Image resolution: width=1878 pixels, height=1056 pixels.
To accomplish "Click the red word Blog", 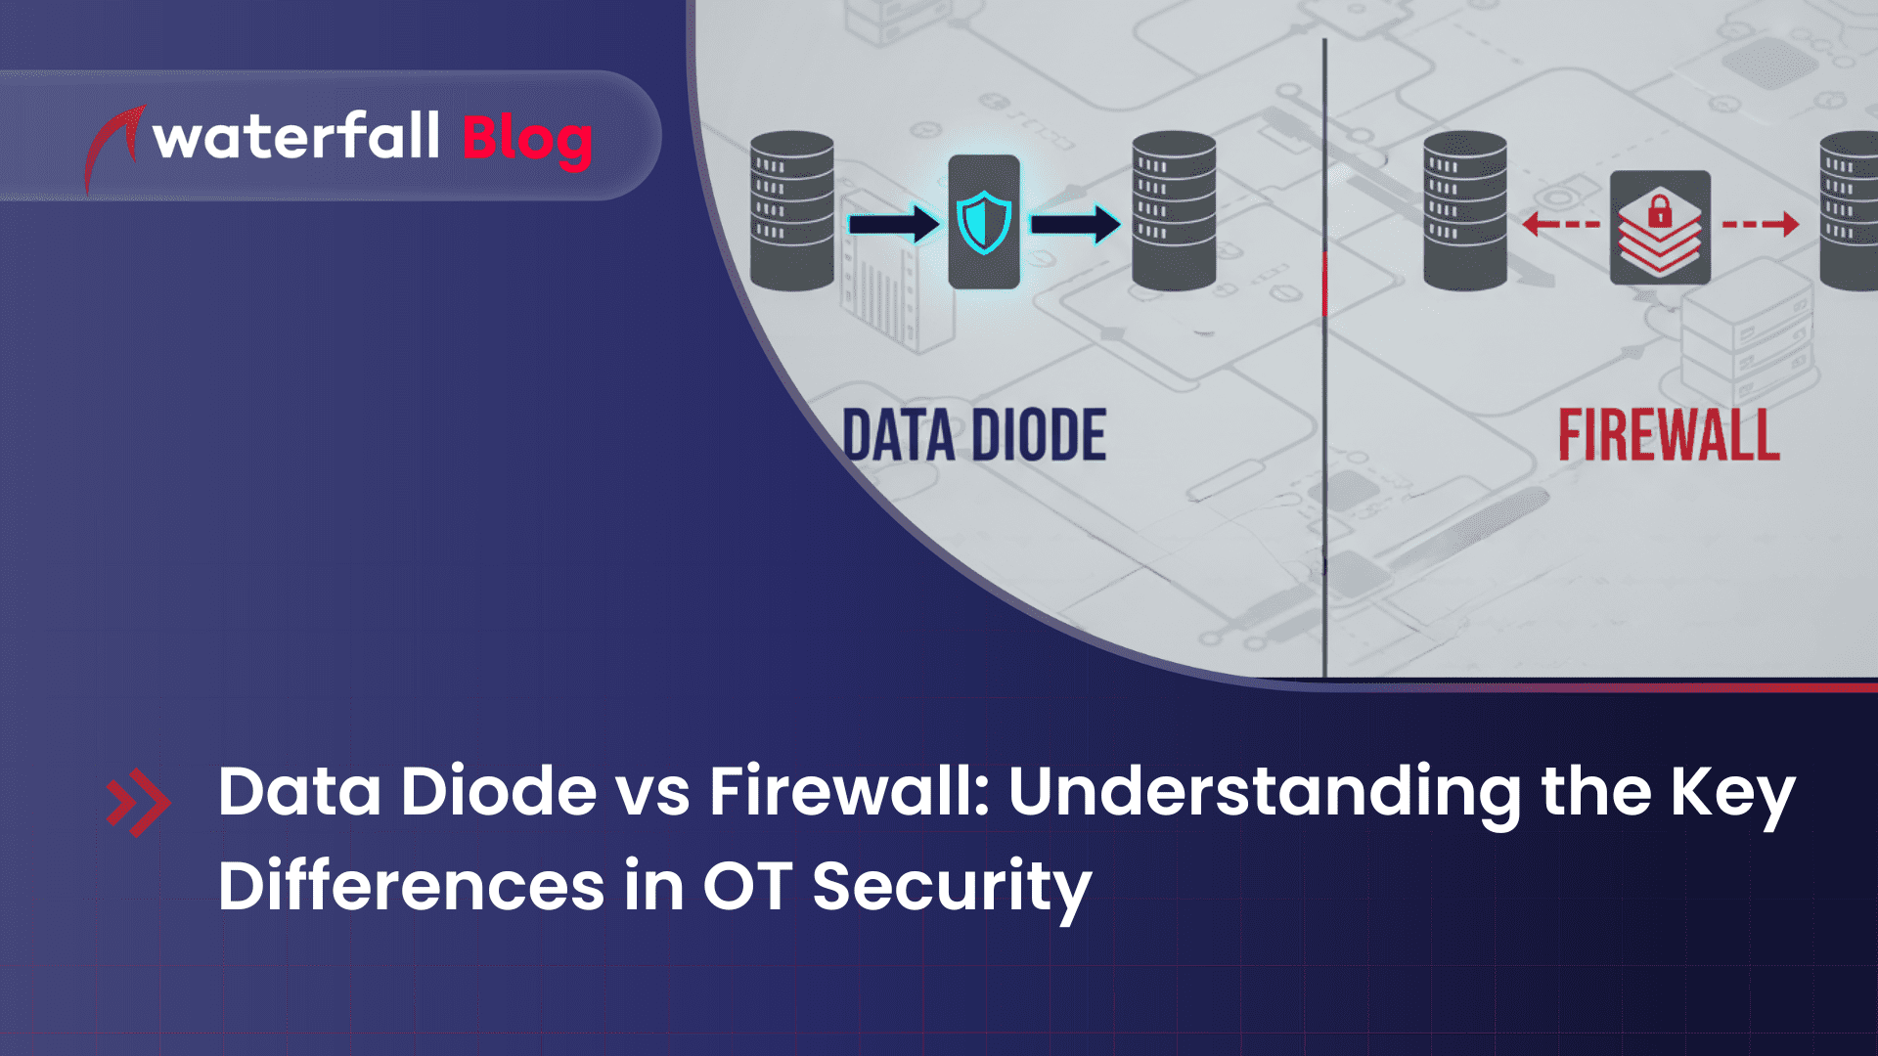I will click(527, 139).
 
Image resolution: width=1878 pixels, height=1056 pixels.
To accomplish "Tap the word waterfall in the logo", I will click(296, 137).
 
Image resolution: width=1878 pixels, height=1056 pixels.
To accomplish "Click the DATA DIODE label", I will click(974, 436).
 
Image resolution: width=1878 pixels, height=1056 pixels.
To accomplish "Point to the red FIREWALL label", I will click(1669, 436).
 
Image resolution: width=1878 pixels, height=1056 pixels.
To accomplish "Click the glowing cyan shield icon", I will click(984, 223).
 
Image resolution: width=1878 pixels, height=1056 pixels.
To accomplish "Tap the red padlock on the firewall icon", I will click(1660, 211).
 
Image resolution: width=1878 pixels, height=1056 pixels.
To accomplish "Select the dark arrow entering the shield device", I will click(893, 224).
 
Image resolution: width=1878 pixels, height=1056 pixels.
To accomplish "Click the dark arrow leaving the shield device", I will click(1075, 224).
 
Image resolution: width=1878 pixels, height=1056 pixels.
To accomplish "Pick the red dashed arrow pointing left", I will click(1561, 224).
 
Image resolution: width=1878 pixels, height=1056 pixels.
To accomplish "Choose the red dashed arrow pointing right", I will click(1761, 224).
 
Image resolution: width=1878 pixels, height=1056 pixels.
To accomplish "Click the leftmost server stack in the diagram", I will click(792, 211).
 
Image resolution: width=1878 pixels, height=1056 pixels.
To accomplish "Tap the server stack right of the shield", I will click(1174, 211).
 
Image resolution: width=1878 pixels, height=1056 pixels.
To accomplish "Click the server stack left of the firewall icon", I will click(1465, 211).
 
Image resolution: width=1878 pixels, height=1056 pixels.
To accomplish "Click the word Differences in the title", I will click(411, 886).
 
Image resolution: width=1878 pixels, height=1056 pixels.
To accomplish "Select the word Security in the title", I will click(951, 888).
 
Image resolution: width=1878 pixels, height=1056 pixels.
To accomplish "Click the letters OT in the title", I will click(747, 886).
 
